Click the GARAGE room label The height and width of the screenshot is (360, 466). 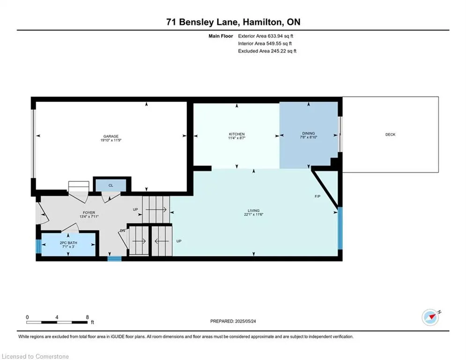(111, 136)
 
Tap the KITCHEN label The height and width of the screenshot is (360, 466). (237, 134)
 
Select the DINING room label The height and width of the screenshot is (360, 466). (309, 133)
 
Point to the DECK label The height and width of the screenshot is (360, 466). (390, 135)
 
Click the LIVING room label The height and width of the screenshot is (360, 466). (253, 210)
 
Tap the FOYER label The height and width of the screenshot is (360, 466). (89, 213)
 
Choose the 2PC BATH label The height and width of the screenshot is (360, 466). (68, 243)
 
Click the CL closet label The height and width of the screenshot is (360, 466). (111, 185)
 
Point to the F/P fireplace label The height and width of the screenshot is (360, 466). (318, 196)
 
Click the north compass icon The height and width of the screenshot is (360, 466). (430, 317)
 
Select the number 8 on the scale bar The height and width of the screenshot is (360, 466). (88, 317)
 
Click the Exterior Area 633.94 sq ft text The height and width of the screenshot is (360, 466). (266, 36)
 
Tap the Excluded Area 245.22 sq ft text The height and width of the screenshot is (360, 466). (267, 51)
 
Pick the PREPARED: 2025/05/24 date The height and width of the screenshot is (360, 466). (233, 321)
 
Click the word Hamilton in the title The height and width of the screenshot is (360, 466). (262, 22)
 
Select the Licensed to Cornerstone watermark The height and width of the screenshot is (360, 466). (35, 356)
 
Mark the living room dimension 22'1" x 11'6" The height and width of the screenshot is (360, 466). (253, 214)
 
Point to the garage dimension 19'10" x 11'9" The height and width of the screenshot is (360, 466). (111, 140)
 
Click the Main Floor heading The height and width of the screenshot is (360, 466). (221, 36)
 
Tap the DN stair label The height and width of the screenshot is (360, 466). (122, 231)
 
